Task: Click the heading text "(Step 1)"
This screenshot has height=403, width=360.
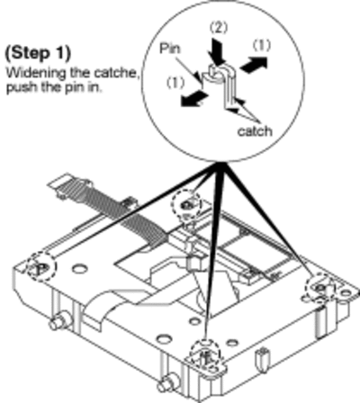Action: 38,53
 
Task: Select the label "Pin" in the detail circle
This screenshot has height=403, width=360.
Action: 170,49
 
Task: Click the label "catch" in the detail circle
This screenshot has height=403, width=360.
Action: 255,131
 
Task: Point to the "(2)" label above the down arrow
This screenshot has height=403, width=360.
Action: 219,28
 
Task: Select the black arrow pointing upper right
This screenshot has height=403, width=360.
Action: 254,64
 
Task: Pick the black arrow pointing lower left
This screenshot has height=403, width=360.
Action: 193,99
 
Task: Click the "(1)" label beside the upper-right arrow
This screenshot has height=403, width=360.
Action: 261,46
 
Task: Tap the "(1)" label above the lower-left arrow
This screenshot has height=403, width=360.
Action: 175,83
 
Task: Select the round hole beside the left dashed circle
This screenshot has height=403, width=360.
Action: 78,268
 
